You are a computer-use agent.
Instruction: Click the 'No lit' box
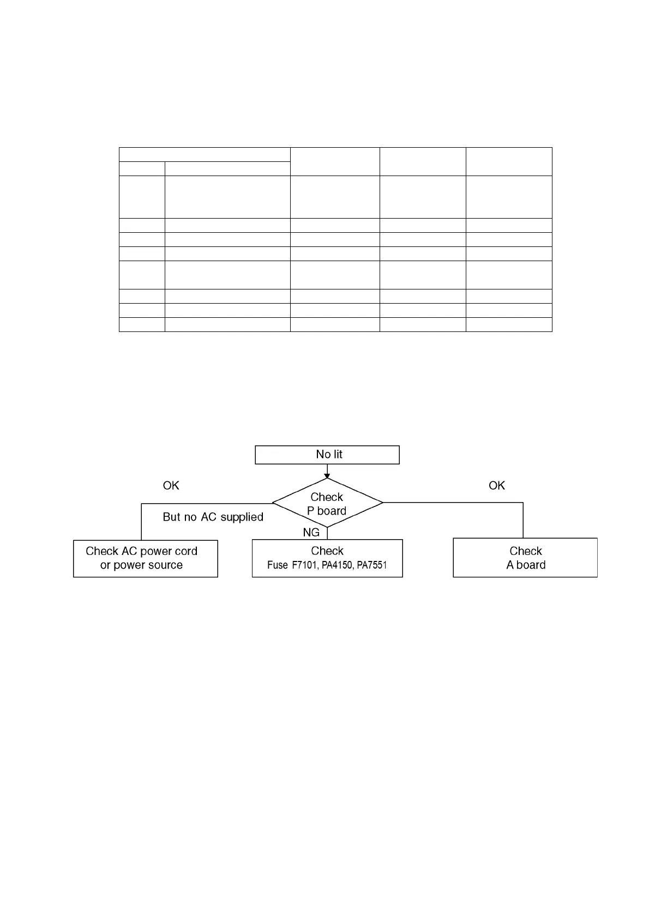pyautogui.click(x=327, y=455)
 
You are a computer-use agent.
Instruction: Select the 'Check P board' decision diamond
pyautogui.click(x=327, y=503)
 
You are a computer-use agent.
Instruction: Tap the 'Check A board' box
pyautogui.click(x=525, y=558)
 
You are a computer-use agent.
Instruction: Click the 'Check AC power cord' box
pyautogui.click(x=145, y=558)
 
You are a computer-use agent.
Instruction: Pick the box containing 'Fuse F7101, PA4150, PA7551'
pyautogui.click(x=327, y=558)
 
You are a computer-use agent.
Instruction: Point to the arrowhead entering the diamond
pyautogui.click(x=327, y=476)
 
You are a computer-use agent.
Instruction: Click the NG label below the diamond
pyautogui.click(x=311, y=532)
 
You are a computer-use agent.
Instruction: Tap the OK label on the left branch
pyautogui.click(x=171, y=485)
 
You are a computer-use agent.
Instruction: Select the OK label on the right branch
pyautogui.click(x=496, y=485)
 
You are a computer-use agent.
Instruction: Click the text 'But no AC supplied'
pyautogui.click(x=213, y=517)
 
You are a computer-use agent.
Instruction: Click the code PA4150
pyautogui.click(x=336, y=565)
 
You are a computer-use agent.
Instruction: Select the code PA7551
pyautogui.click(x=372, y=565)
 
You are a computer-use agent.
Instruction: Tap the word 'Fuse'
pyautogui.click(x=277, y=565)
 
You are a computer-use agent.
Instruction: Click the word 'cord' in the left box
pyautogui.click(x=186, y=551)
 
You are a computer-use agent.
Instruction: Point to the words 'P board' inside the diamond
pyautogui.click(x=327, y=511)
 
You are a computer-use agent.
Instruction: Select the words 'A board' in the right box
pyautogui.click(x=526, y=565)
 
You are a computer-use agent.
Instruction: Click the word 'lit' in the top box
pyautogui.click(x=336, y=454)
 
